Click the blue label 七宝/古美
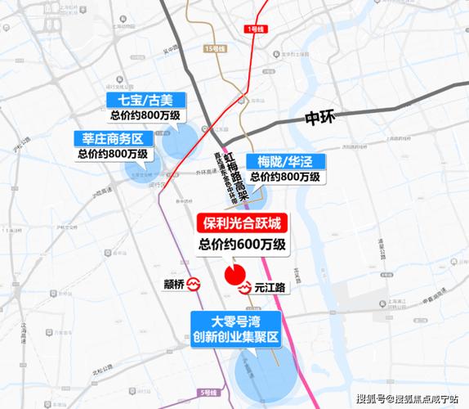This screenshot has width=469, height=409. pos(146,101)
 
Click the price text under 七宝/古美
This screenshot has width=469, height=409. pos(146,117)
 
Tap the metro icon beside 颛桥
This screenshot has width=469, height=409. pos(194,285)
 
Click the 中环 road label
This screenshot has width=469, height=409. pos(322,117)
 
